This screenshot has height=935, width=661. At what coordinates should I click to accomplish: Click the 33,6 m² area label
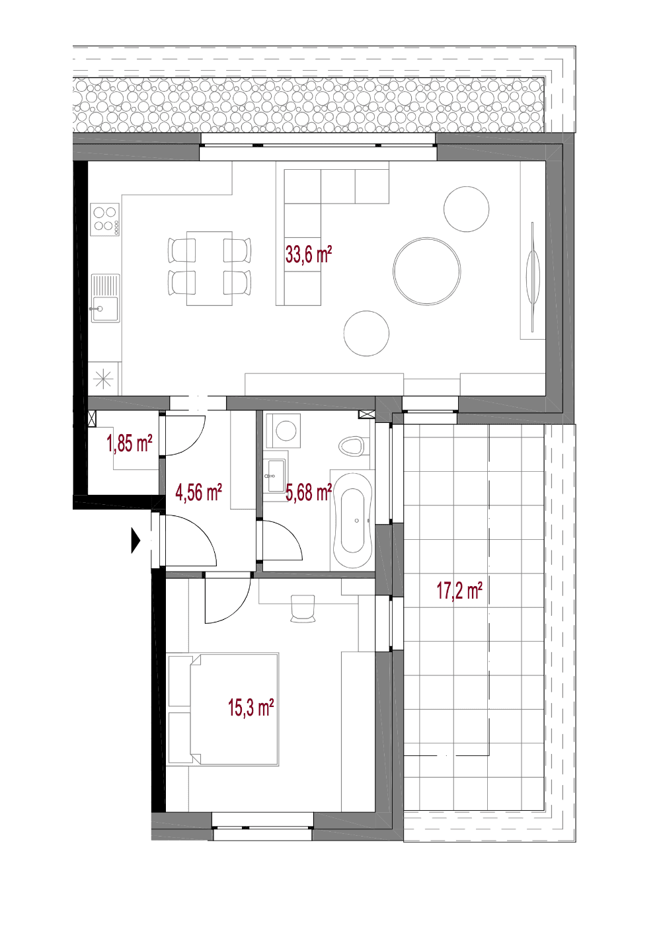[309, 254]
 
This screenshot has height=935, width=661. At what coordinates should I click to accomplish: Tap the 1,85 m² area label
[130, 443]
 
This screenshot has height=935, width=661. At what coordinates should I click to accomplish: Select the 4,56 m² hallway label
[198, 492]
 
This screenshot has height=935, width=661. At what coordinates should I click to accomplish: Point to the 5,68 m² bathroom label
[309, 492]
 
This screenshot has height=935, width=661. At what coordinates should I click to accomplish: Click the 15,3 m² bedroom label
[251, 708]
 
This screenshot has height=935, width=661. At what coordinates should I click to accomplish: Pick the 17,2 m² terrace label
[459, 591]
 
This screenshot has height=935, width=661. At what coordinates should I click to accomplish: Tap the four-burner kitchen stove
[105, 219]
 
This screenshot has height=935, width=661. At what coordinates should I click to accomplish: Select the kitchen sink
[105, 298]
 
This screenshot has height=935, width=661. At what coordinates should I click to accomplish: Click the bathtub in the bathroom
[352, 521]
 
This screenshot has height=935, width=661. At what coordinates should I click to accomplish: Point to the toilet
[353, 446]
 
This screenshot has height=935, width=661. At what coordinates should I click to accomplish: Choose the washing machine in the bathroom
[284, 431]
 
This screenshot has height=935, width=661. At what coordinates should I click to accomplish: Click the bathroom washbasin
[276, 476]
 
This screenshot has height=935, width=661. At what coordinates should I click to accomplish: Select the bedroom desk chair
[303, 609]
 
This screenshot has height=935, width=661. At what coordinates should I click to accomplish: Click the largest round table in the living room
[427, 271]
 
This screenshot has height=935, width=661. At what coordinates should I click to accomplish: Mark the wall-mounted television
[532, 277]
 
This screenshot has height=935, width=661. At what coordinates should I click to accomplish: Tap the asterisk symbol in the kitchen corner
[103, 379]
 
